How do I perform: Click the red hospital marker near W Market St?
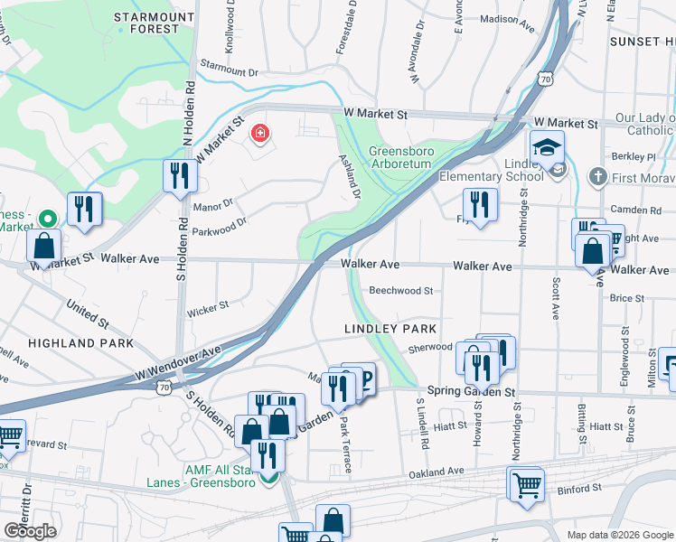tap(260, 134)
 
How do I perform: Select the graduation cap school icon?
tap(547, 147)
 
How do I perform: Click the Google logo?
tap(30, 530)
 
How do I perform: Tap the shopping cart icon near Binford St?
tap(525, 483)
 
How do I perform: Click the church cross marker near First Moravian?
tap(596, 175)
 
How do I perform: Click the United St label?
tap(87, 317)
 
